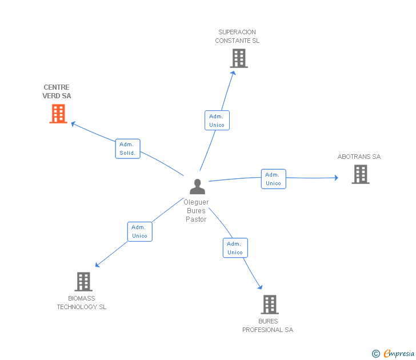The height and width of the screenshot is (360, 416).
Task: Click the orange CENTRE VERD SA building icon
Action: tap(58, 114)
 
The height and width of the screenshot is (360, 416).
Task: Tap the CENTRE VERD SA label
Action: tap(57, 92)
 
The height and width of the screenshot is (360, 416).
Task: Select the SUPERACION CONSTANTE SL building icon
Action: tap(239, 58)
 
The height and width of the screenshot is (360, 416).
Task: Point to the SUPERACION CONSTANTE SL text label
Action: tap(237, 37)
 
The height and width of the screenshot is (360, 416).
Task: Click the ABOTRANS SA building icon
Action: tap(360, 174)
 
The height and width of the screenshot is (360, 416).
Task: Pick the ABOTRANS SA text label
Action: tap(359, 157)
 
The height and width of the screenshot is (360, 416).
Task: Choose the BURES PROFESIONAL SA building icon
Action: tap(270, 305)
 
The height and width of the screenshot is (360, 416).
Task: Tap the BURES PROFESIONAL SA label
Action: tap(267, 326)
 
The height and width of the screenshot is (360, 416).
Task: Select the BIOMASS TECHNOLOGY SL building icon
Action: tap(83, 282)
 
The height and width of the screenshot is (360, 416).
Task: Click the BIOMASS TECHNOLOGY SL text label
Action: tap(82, 303)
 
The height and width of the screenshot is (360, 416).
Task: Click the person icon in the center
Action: tap(197, 186)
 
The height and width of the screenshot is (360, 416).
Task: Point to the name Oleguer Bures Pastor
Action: tap(196, 211)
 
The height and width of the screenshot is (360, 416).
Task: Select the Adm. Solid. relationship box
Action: tap(127, 149)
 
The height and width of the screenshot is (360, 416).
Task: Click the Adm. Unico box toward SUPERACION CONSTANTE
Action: tap(217, 121)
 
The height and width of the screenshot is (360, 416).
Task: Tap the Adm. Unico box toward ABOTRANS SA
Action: tap(273, 179)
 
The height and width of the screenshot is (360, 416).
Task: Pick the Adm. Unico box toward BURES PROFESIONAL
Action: tap(235, 248)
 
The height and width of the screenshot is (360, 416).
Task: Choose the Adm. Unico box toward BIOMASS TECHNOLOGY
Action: tap(139, 231)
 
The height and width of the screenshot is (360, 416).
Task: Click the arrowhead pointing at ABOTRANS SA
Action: tap(336, 178)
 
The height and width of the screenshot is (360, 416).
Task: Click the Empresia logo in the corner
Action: tap(394, 353)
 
